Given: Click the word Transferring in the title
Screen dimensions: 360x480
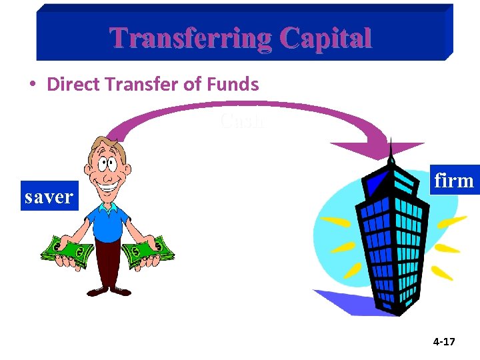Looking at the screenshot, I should [190, 38].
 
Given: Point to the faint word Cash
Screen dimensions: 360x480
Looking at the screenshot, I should [242, 121].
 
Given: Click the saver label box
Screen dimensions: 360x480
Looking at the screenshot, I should [49, 196].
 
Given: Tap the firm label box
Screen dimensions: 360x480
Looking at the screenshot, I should [454, 180].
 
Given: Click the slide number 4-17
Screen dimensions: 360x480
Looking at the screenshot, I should [443, 342].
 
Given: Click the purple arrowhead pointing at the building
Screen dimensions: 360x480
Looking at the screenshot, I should [377, 151].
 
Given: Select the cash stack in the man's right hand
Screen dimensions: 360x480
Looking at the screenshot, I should [67, 253].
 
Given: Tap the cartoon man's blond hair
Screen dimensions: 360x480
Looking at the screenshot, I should [106, 143].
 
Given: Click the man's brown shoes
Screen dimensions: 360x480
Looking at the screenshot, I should [107, 291].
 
